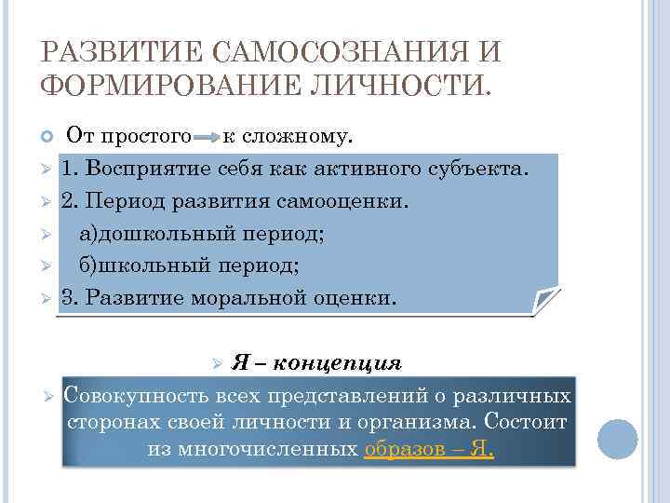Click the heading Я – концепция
316,362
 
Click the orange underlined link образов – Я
429,449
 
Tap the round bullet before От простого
49,139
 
